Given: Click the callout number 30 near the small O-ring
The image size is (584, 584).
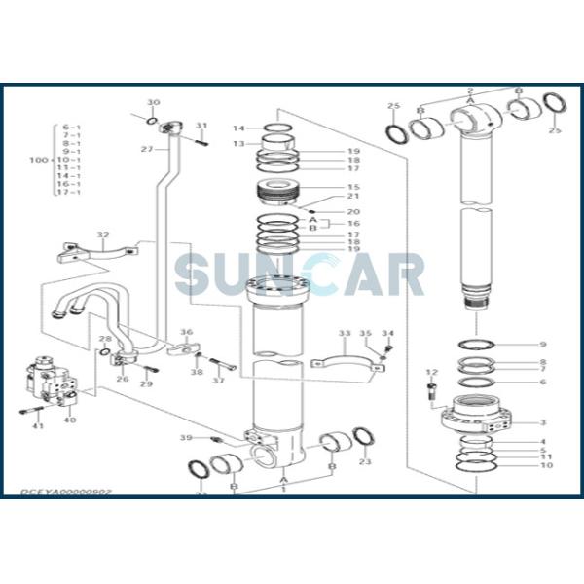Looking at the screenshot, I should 153,103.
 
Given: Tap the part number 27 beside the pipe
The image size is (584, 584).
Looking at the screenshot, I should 146,149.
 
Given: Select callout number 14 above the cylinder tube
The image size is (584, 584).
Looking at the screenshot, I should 238,128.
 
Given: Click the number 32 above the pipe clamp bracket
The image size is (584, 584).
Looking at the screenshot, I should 102,235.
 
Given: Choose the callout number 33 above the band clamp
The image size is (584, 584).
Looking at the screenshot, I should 344,334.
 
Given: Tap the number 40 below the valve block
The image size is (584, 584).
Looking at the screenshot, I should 69,420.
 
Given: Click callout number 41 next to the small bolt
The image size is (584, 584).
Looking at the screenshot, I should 38,426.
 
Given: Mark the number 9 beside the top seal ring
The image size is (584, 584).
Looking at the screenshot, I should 543,345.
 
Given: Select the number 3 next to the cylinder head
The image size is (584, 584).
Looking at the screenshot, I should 543,422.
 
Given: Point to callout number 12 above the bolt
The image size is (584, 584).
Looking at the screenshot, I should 431,373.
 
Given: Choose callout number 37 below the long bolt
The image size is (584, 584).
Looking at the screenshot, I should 218,380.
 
